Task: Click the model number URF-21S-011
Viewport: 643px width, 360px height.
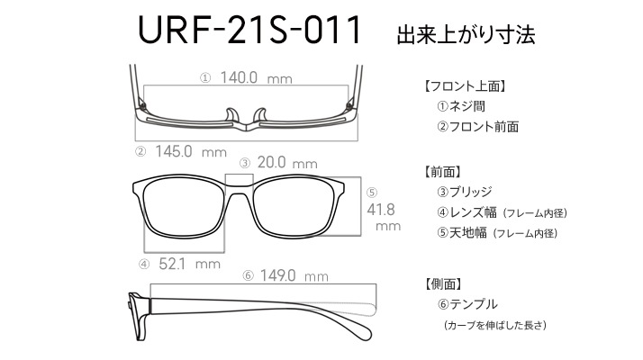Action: coord(249,30)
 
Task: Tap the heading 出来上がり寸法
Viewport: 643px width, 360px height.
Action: coord(466,34)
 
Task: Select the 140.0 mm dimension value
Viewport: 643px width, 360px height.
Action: coord(257,77)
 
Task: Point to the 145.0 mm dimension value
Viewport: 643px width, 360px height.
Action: coord(191,151)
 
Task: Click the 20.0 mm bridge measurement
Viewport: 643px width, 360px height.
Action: coord(287,162)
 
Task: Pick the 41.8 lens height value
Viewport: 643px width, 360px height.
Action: coord(381,210)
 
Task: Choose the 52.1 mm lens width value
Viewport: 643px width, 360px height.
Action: coord(189,264)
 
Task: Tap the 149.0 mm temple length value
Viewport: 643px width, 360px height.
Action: coord(294,275)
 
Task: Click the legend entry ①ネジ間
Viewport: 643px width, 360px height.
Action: coord(461,106)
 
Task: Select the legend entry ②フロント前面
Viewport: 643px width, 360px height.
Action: coord(478,127)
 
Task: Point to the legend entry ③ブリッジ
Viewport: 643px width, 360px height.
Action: coord(465,192)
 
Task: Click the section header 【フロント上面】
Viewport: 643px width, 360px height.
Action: coord(464,86)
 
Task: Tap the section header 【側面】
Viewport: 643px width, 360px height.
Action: coord(442,283)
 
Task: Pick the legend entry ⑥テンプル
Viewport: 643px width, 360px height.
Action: coord(467,304)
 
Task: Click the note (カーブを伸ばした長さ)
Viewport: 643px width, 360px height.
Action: coord(495,325)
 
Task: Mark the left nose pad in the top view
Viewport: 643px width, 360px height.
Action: coord(231,115)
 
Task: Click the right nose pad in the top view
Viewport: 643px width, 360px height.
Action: coord(260,115)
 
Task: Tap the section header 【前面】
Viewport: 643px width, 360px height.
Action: coord(442,172)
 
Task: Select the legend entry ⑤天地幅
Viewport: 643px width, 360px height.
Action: coord(462,233)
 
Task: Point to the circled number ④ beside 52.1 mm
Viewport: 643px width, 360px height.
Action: coord(144,264)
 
